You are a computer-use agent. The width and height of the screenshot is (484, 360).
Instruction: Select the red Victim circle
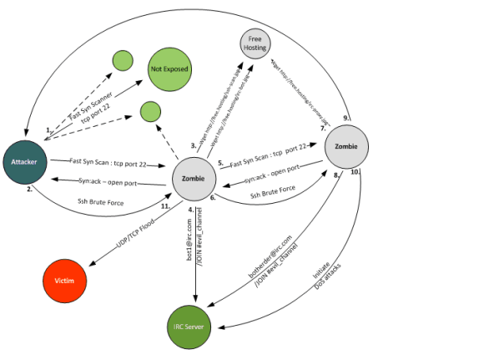click(x=64, y=281)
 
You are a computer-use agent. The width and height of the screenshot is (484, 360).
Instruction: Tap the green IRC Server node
click(x=194, y=324)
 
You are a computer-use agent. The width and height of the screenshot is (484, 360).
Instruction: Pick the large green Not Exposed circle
click(x=170, y=69)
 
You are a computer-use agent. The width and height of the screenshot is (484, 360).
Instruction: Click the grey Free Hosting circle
click(x=255, y=43)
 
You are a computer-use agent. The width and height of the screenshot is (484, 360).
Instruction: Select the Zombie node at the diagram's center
click(x=194, y=179)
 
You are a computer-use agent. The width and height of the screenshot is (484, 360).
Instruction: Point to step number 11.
click(x=165, y=205)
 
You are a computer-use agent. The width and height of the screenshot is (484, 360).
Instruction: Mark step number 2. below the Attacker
click(x=29, y=190)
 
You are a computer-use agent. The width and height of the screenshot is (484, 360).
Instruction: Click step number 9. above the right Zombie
click(x=345, y=117)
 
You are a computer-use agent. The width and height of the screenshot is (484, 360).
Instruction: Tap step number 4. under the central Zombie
click(x=191, y=209)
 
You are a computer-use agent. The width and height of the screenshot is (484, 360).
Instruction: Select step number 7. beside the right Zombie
click(x=322, y=129)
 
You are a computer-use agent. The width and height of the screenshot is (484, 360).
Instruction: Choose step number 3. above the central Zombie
click(x=194, y=146)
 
